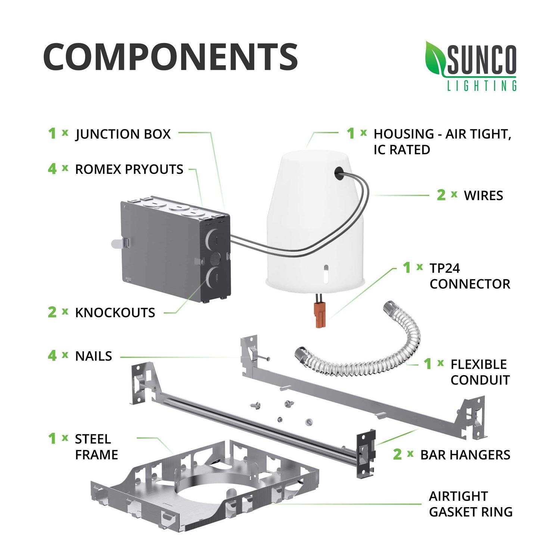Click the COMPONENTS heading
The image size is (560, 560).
(x=170, y=57)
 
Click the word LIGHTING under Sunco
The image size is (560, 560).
(x=482, y=86)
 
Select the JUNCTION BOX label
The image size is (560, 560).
(x=123, y=134)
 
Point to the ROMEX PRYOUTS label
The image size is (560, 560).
(x=129, y=169)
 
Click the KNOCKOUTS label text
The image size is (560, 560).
(x=115, y=312)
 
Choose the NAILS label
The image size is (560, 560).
(x=93, y=356)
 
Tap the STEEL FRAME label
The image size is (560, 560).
(x=96, y=447)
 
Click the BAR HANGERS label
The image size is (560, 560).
(x=465, y=455)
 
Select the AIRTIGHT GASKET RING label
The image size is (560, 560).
(x=470, y=504)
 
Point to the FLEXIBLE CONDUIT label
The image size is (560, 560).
(x=480, y=372)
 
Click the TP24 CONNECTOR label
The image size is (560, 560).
(x=469, y=276)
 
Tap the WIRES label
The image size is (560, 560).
(x=483, y=195)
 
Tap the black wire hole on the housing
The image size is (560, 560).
(x=339, y=171)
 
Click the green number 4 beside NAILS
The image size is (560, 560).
(x=52, y=356)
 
